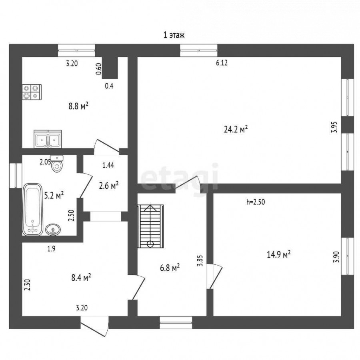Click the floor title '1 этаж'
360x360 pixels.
coord(174,35)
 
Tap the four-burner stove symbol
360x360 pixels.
coord(32,92)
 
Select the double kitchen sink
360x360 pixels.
coord(48,139)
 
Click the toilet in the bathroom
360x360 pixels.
coord(57,164)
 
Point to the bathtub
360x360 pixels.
coord(33,209)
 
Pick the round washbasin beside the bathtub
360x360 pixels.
coord(53,230)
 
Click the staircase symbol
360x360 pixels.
coord(150,226)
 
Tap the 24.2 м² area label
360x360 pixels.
coord(236,129)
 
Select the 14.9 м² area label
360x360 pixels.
coord(279,254)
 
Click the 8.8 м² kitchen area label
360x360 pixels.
coord(78,106)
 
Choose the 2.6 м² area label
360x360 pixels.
coord(108,186)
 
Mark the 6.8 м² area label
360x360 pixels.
coord(170,268)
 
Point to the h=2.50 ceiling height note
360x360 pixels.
coord(256,202)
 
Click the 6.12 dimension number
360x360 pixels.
coord(222,63)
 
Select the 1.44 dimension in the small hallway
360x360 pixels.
coord(108,165)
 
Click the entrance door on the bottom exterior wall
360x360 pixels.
coord(94,326)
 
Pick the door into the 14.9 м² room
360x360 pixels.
coord(214,276)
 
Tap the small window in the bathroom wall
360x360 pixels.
coord(16,176)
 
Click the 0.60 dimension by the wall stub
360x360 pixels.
coord(98,69)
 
